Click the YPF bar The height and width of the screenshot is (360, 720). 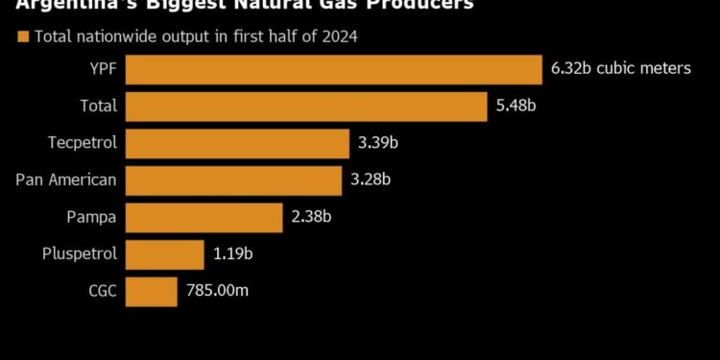pos(334,69)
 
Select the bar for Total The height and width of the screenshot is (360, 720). pos(306,107)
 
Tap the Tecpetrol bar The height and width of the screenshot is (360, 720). pos(237,143)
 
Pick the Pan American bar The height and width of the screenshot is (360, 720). pos(233,180)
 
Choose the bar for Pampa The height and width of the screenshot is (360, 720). pos(204,217)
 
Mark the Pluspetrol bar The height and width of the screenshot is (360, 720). pos(164,254)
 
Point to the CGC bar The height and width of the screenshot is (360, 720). pos(151,291)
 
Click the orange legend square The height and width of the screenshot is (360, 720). pos(21,37)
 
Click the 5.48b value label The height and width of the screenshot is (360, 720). pos(516,107)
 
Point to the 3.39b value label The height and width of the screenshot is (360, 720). pos(378,143)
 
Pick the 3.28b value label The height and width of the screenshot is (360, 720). pos(371,180)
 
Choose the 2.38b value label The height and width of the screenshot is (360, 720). pos(312,217)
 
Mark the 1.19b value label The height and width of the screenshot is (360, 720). pos(233,254)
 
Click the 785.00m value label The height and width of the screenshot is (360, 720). pos(218,291)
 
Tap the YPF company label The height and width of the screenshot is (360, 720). pos(102,69)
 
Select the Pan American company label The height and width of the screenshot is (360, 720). pos(66,180)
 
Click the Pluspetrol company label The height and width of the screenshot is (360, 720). pos(80,254)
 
